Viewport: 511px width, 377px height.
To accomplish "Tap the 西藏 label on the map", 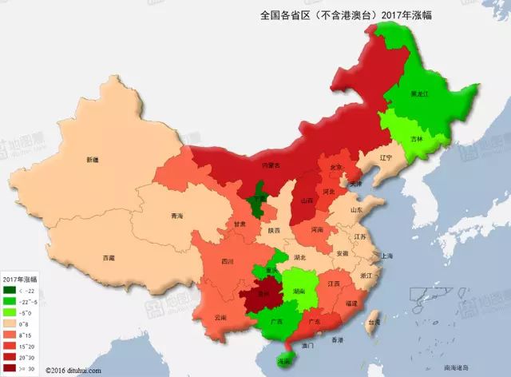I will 109,257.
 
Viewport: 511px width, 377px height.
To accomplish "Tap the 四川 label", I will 228,261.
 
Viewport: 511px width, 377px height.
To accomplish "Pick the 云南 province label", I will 221,317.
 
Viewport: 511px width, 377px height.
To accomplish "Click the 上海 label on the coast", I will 387,256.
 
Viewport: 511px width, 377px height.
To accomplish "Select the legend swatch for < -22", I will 10,291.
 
